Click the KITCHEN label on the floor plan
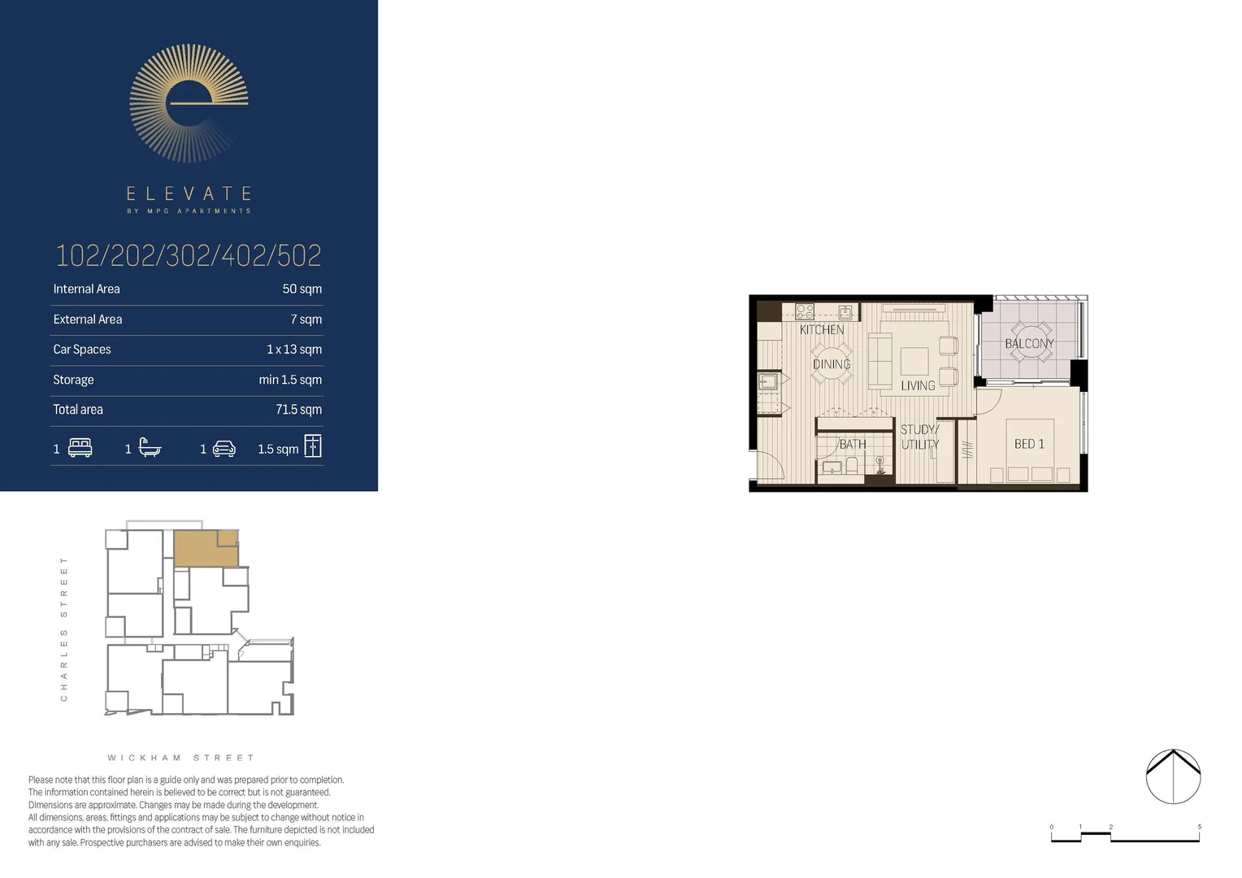(822, 329)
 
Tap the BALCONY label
(1029, 344)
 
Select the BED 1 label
(1029, 444)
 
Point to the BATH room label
(853, 445)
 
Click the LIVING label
(918, 386)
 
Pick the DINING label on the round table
(832, 364)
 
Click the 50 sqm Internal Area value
(302, 289)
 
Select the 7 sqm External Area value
(306, 319)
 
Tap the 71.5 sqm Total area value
(298, 410)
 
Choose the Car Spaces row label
(82, 350)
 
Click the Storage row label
(73, 380)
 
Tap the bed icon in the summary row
(80, 448)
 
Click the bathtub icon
(150, 448)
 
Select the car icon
(224, 449)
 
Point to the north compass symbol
(1173, 776)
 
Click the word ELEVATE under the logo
(189, 193)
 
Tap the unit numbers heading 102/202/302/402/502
(189, 256)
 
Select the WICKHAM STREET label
(180, 758)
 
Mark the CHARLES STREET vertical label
(64, 629)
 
